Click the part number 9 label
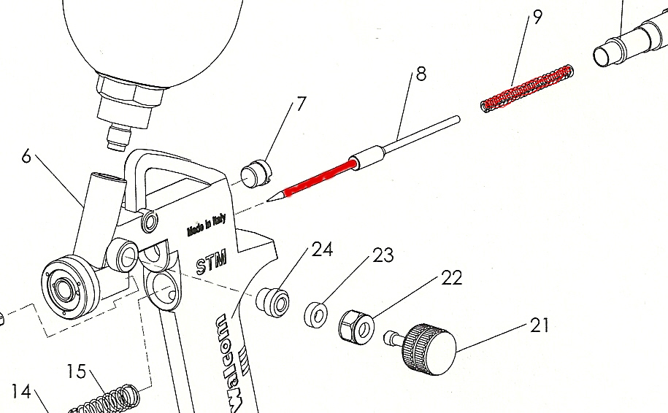[x=538, y=17]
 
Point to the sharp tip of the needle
[x=271, y=199]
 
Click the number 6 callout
[x=27, y=156]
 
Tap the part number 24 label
[x=322, y=250]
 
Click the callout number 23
[x=383, y=255]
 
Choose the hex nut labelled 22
[x=355, y=325]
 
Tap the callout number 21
[x=539, y=325]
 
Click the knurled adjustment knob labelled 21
[x=429, y=349]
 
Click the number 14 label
[x=22, y=392]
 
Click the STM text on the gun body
[x=212, y=261]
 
